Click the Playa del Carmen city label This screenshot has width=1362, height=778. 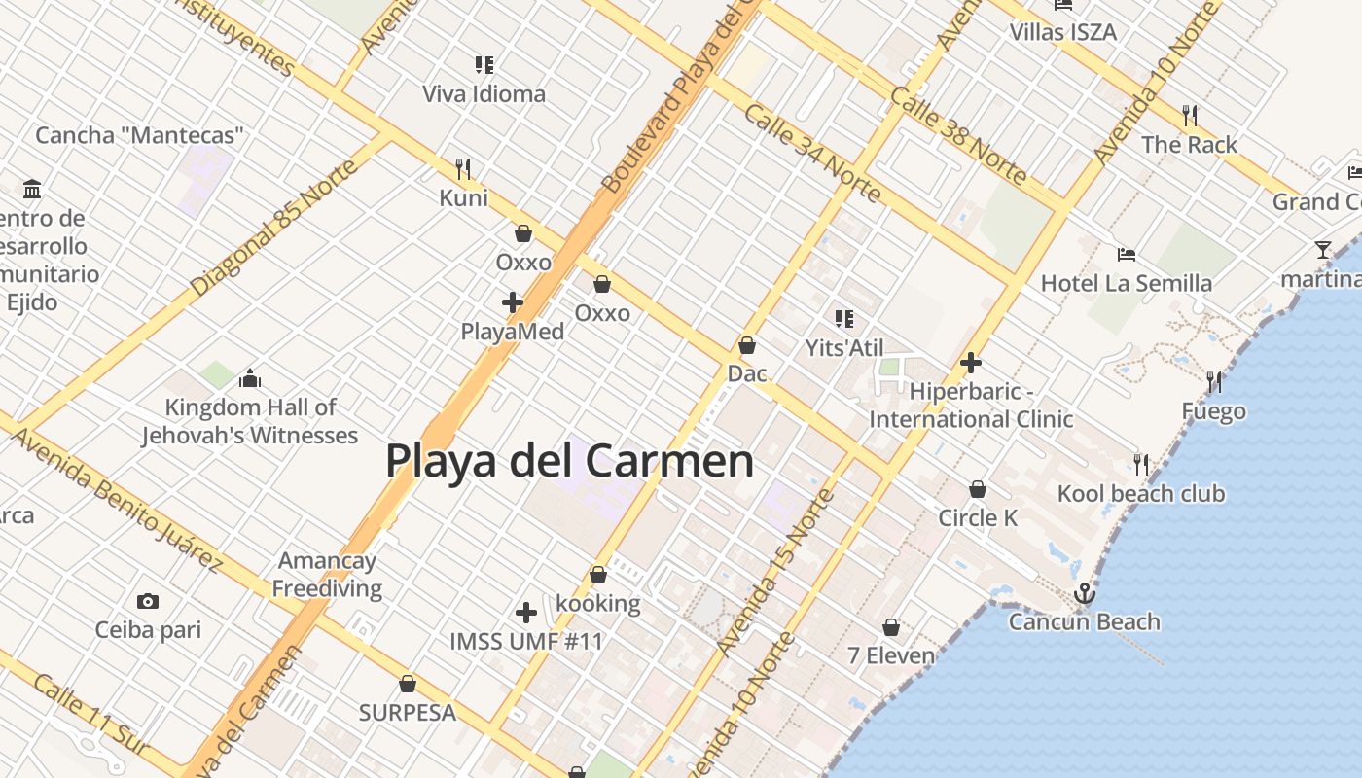(570, 461)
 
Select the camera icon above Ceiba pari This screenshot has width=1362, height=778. (148, 602)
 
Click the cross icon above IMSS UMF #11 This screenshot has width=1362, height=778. (526, 613)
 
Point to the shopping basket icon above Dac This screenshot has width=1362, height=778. (747, 345)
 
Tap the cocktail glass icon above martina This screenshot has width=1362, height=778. (1322, 250)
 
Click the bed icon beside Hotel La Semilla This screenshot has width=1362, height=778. (1127, 255)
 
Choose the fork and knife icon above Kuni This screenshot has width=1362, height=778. (463, 169)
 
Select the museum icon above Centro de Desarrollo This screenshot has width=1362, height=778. (32, 189)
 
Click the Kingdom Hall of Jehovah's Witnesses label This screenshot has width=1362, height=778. (250, 421)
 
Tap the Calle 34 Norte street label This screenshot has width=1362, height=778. (812, 154)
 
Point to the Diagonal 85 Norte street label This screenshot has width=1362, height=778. (273, 228)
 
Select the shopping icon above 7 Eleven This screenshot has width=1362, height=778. (891, 628)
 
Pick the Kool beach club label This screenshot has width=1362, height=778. (1141, 493)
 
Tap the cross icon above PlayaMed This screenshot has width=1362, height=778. (513, 302)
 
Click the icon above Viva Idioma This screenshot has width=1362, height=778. (484, 65)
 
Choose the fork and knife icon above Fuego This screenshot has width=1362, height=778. (1213, 382)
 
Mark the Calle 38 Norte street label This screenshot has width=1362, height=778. (957, 135)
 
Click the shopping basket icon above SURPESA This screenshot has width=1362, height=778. (408, 684)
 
